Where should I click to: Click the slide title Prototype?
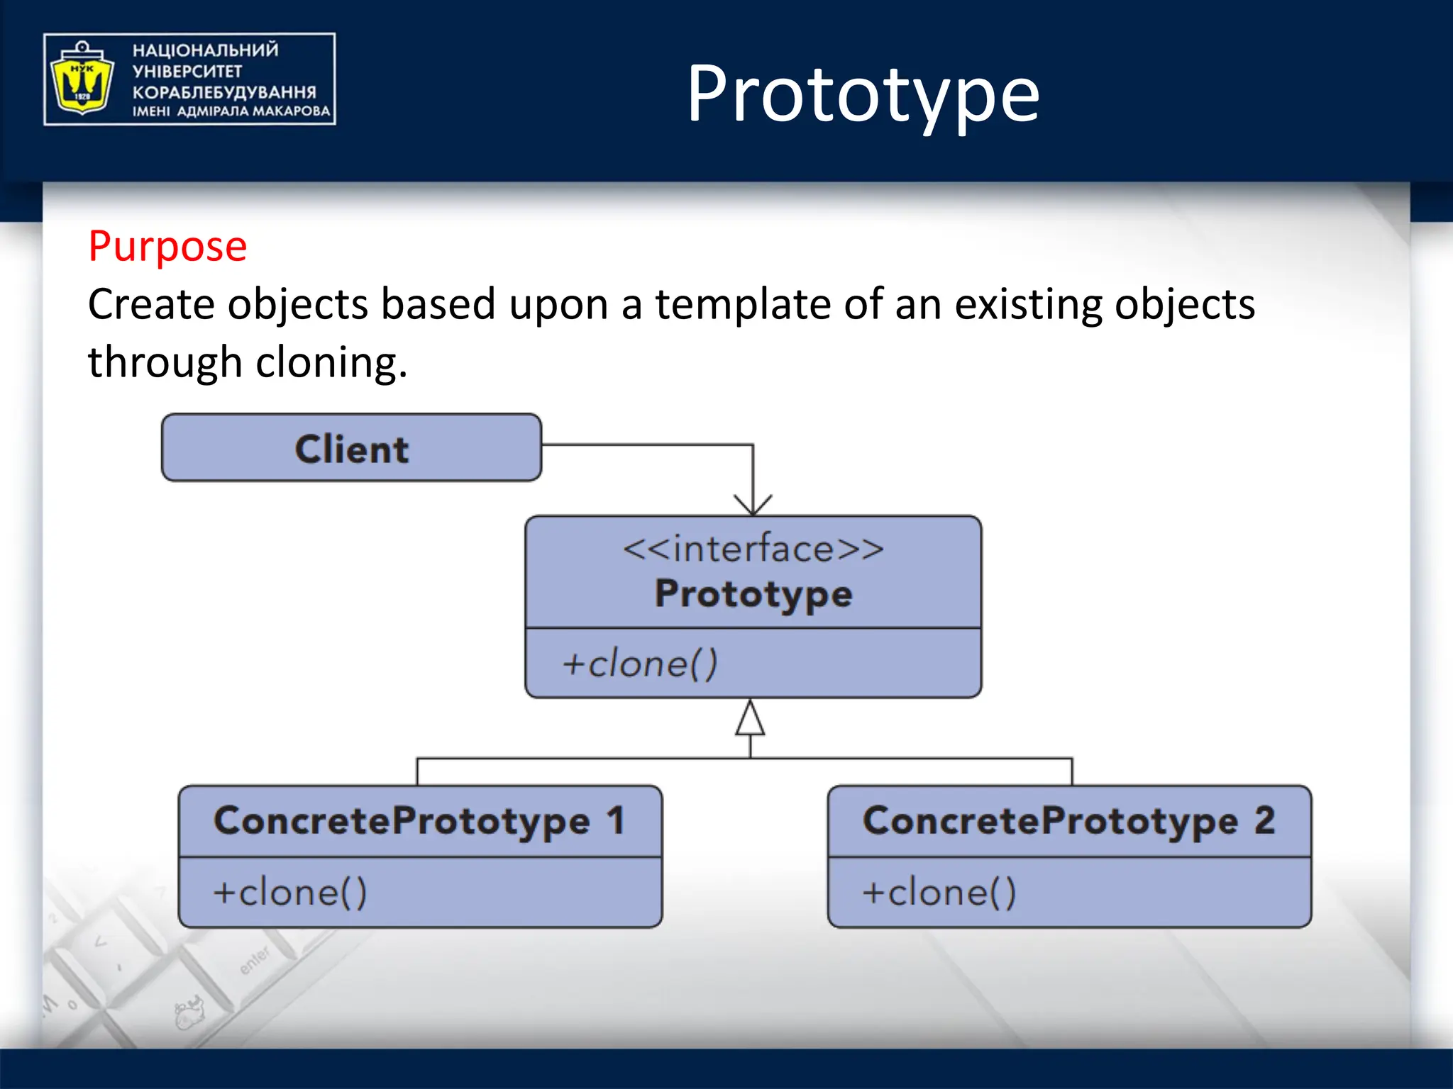point(863,94)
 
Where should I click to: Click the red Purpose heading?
point(167,246)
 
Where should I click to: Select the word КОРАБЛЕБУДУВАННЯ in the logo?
point(224,92)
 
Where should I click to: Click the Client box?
point(351,448)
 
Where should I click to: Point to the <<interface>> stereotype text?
point(753,549)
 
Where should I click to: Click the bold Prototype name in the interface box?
point(753,593)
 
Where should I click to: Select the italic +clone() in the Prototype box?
point(640,664)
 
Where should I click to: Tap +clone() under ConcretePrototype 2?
point(939,892)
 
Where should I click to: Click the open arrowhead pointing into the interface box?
point(753,506)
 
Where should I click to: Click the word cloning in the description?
point(331,363)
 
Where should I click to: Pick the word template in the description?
point(742,305)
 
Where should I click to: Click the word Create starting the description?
point(151,305)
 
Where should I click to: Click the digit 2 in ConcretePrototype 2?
point(1265,821)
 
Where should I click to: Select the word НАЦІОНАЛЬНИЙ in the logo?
point(206,50)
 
